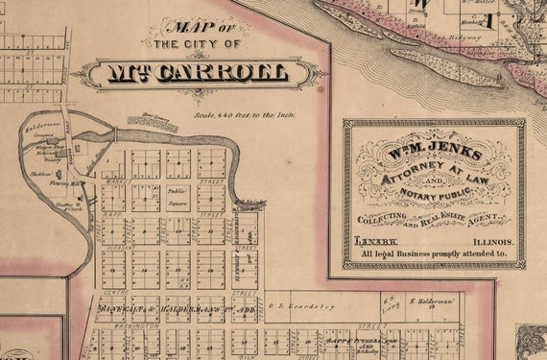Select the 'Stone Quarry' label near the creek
pos(154,121)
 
